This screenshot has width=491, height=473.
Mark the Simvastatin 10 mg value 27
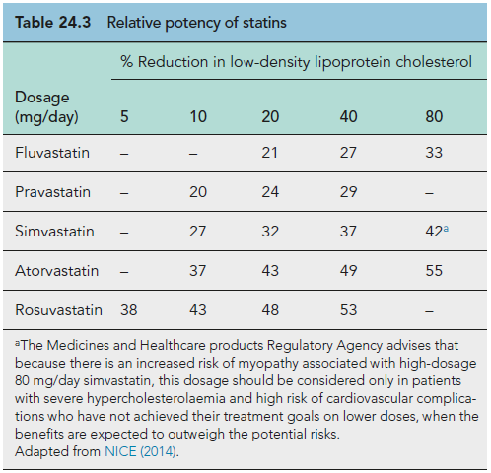[x=197, y=232]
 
